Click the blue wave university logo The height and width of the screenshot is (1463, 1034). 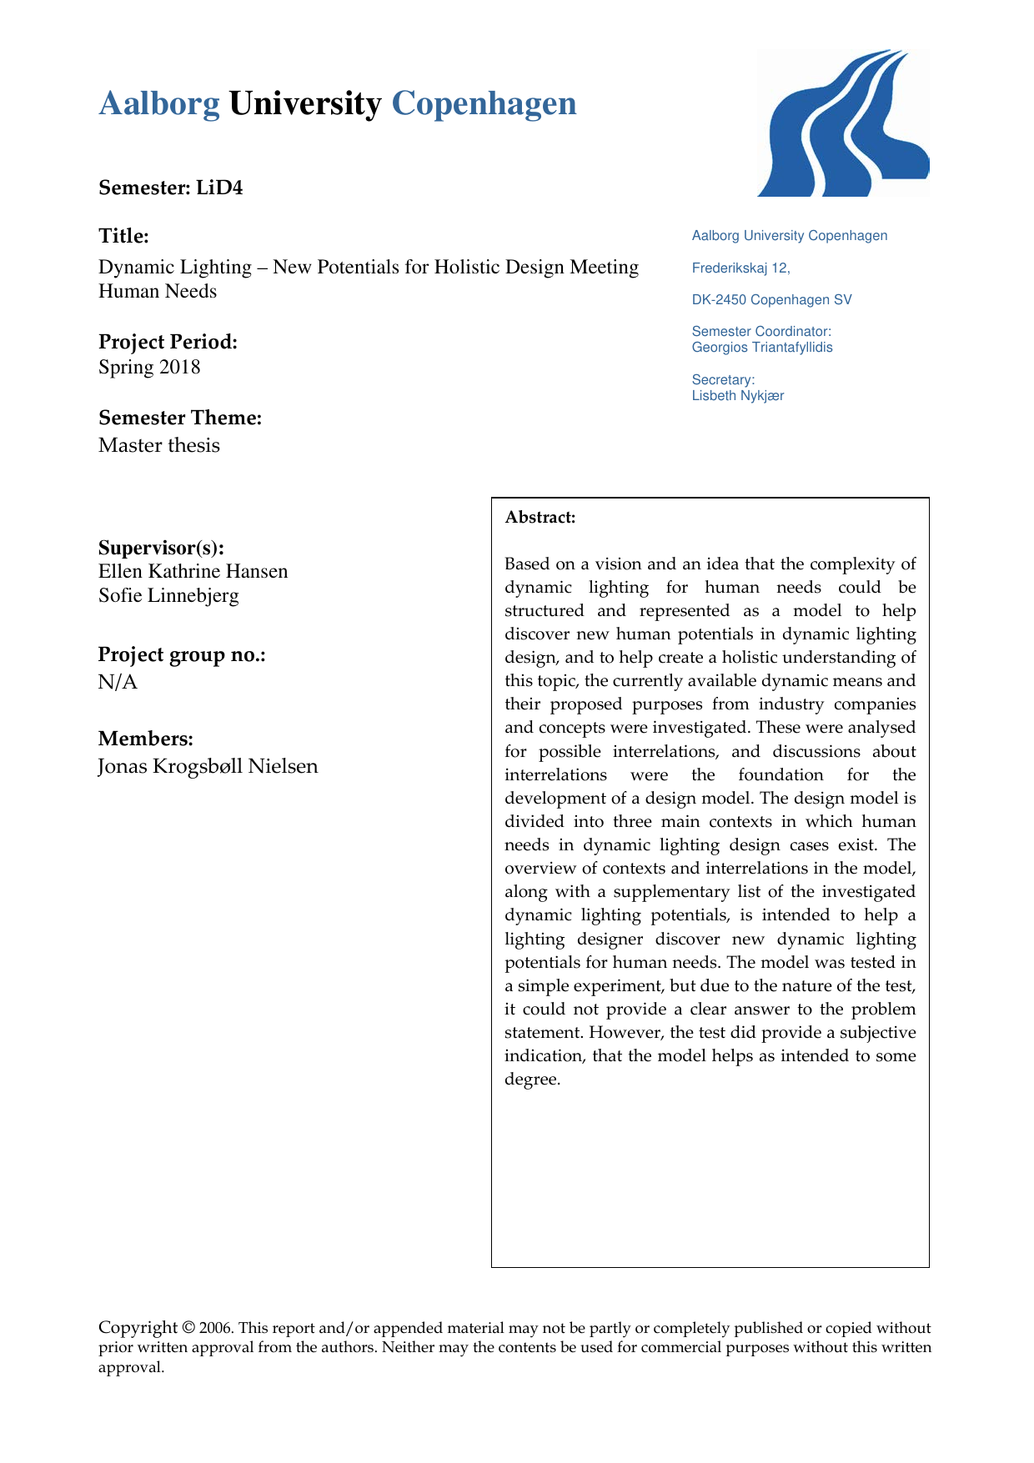coord(842,123)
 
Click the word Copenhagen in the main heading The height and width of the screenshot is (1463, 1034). coord(484,104)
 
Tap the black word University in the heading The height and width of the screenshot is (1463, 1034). coord(304,104)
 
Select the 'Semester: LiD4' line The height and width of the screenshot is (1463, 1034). coord(170,188)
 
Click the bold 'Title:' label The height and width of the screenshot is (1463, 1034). coord(123,236)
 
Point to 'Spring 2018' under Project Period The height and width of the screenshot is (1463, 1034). coord(149,368)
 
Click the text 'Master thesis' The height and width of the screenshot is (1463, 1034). coord(159,445)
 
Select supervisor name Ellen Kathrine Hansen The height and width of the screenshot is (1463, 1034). coord(193,572)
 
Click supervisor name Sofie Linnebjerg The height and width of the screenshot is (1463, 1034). coord(168,596)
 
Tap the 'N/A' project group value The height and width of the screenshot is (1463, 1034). coord(118,683)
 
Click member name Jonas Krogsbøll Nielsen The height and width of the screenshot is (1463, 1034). coord(208,766)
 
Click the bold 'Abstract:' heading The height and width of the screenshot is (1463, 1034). coord(540,518)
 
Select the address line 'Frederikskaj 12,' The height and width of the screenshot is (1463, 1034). coord(740,268)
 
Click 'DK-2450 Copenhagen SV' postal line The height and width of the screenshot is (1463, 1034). coord(771,300)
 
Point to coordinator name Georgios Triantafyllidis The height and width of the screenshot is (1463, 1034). coord(761,348)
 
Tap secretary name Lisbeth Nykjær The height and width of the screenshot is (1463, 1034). coord(737,396)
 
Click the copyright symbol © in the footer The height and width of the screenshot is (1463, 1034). coord(188,1328)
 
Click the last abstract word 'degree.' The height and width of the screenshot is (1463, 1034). coord(532,1080)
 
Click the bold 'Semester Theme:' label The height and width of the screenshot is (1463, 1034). coord(180,418)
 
